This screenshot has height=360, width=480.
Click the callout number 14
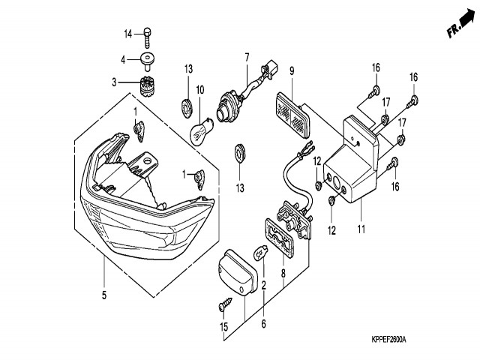[x=127, y=33]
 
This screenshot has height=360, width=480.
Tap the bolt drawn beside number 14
[x=148, y=34]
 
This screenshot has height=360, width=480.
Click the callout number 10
[x=200, y=91]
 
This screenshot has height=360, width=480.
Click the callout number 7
[x=245, y=57]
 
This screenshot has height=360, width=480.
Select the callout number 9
[x=292, y=72]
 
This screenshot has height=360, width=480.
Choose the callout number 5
[x=103, y=295]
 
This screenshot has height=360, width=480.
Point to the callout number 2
[x=263, y=284]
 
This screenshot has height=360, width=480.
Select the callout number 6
[x=263, y=325]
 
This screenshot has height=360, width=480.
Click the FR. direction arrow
[x=459, y=26]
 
